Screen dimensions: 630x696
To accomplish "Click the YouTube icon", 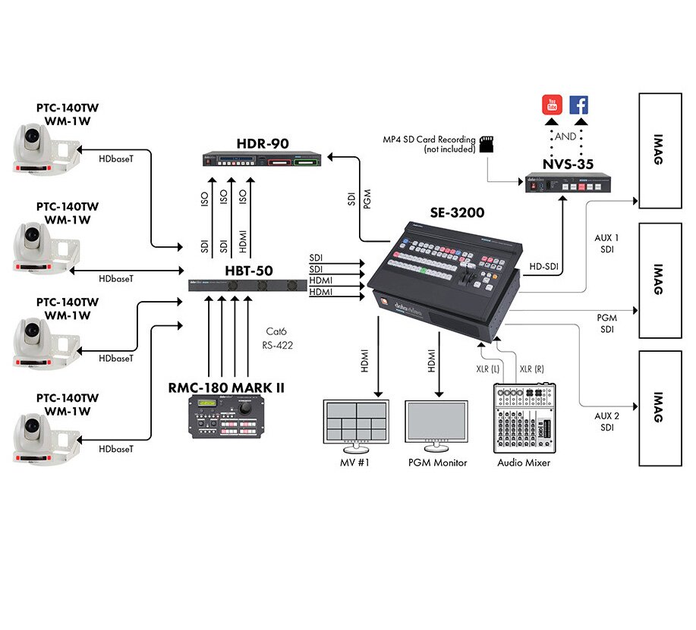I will pyautogui.click(x=553, y=105).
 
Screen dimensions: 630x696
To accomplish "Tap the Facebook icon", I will pyautogui.click(x=579, y=105).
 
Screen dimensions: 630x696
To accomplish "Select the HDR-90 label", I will pyautogui.click(x=262, y=144).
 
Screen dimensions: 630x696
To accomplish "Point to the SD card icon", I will pyautogui.click(x=486, y=143).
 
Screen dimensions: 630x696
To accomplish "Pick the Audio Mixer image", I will pyautogui.click(x=524, y=418).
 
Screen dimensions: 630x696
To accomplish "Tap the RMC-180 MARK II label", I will pyautogui.click(x=226, y=388).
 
